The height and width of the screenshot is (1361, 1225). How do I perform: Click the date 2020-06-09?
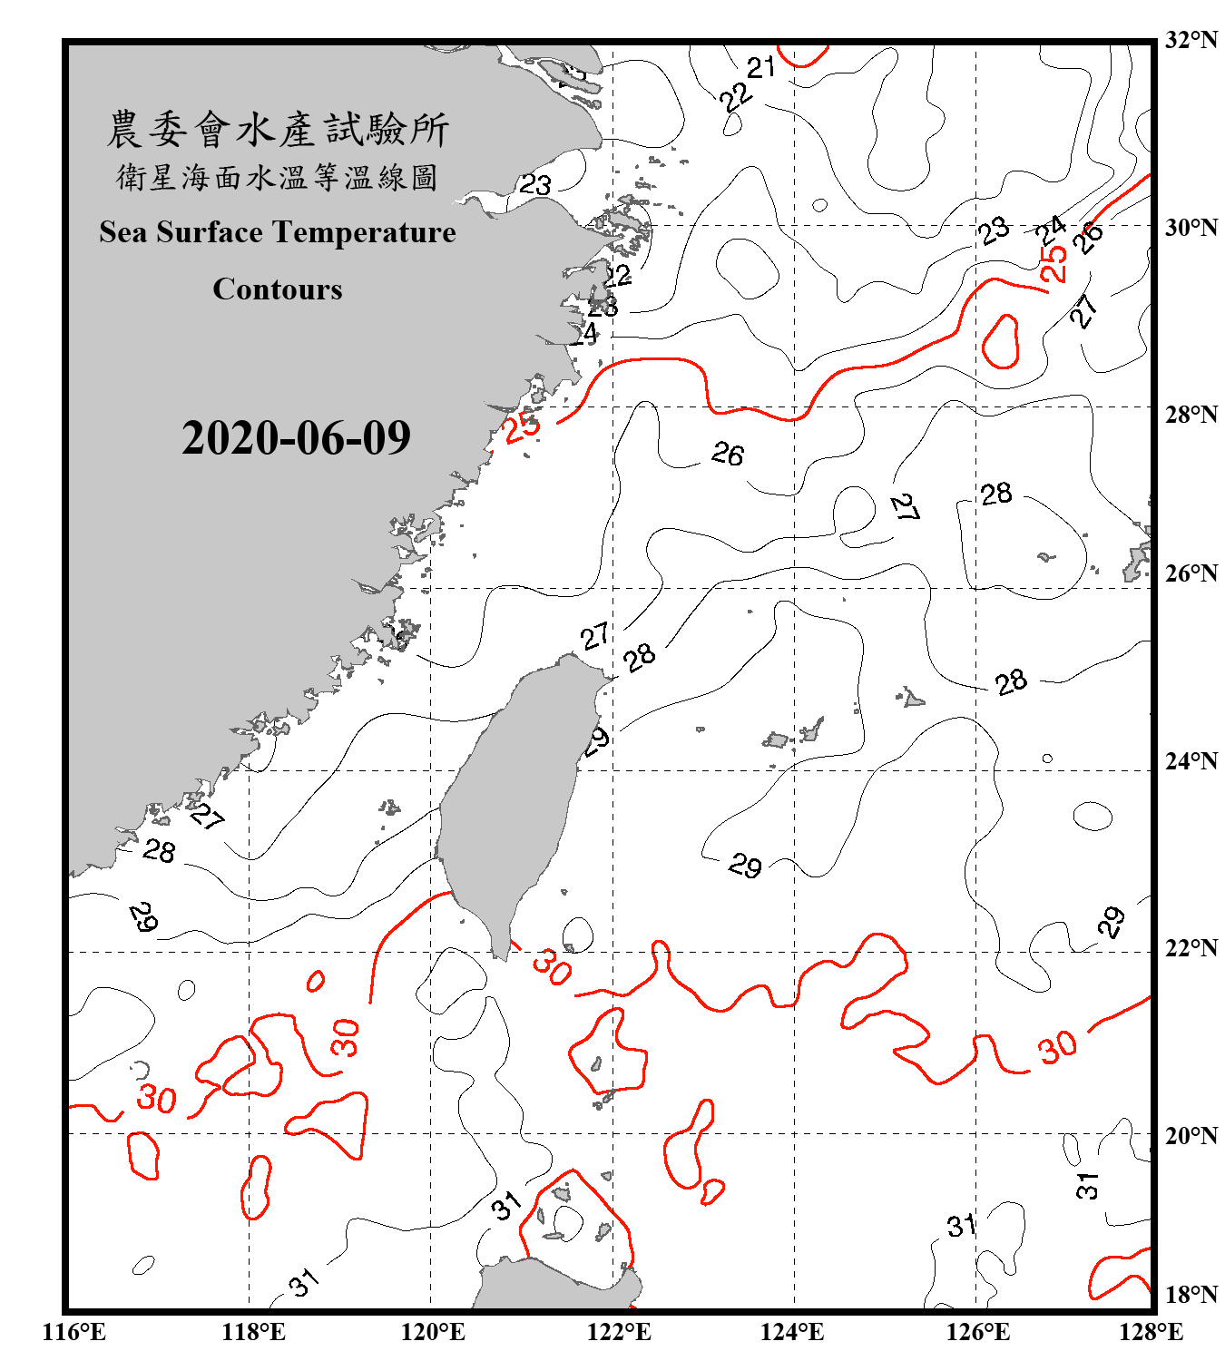click(296, 438)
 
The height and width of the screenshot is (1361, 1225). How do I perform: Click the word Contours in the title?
click(278, 289)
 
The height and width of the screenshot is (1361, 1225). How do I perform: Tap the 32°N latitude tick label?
click(1191, 40)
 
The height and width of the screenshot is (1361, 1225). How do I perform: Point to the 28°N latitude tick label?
click(1191, 414)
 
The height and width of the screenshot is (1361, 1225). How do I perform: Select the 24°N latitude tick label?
click(1191, 760)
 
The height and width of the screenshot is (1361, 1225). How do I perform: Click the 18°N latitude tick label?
click(1191, 1294)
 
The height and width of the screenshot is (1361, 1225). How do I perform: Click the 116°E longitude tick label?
click(73, 1332)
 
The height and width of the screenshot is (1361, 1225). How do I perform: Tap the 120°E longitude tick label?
click(433, 1332)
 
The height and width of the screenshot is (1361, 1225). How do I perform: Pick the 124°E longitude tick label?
click(792, 1332)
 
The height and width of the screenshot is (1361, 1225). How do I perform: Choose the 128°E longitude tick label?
click(1151, 1332)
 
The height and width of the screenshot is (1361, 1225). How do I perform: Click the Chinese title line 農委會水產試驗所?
click(278, 129)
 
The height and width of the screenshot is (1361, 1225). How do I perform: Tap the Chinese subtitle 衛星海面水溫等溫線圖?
click(278, 177)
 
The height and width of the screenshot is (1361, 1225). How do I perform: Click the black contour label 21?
click(760, 66)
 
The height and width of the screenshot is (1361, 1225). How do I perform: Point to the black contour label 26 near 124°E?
click(728, 453)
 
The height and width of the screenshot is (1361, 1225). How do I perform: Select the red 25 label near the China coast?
click(522, 426)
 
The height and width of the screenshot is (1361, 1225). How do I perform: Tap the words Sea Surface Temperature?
click(278, 232)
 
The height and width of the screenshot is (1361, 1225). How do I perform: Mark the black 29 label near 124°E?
click(745, 866)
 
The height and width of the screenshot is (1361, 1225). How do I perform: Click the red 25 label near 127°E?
click(1053, 263)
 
